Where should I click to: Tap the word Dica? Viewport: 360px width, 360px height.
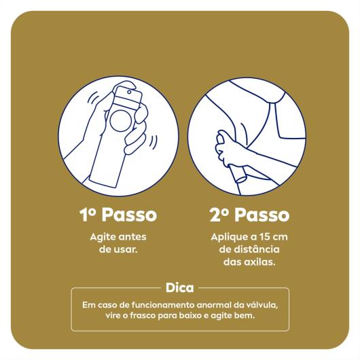click(x=179, y=287)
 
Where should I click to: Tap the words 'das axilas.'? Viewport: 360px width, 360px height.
click(x=249, y=262)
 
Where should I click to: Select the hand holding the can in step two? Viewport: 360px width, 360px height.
click(x=225, y=146)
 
